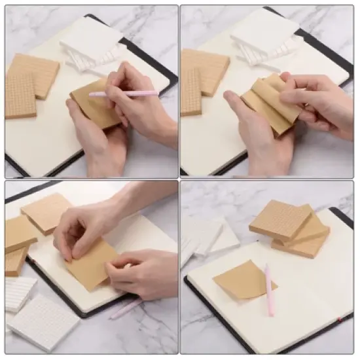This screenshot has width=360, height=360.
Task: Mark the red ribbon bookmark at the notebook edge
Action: pyautogui.click(x=340, y=319)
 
